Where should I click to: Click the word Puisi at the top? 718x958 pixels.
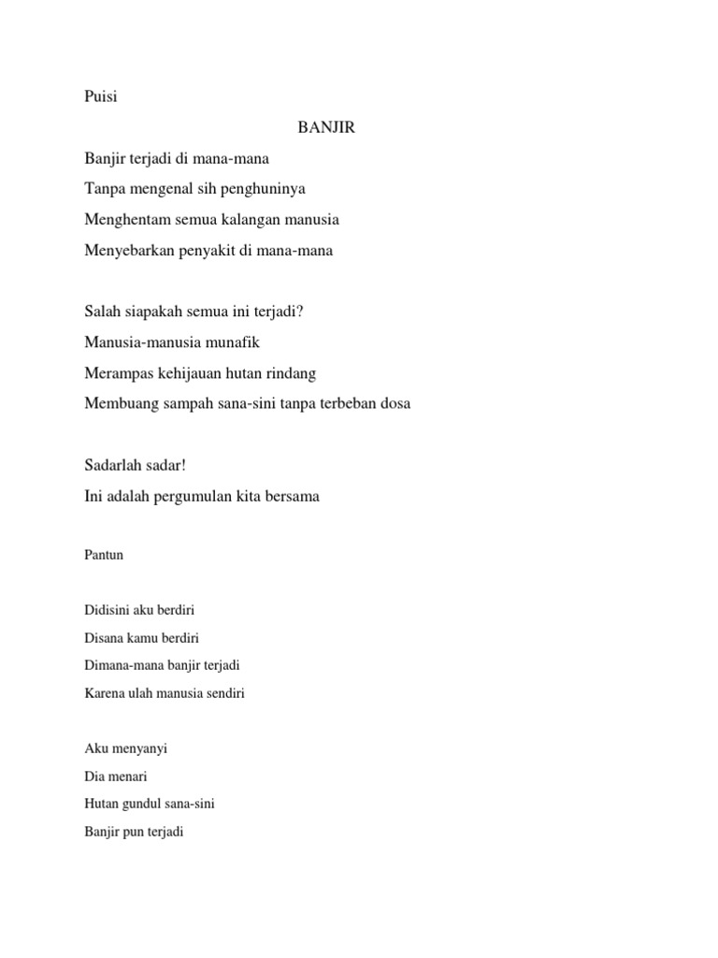click(101, 96)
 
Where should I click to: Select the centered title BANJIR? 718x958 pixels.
click(326, 127)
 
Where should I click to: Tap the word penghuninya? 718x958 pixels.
click(265, 189)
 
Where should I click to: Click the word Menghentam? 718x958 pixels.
click(124, 220)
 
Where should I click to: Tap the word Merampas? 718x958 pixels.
click(118, 373)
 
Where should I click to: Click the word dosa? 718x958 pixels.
click(392, 404)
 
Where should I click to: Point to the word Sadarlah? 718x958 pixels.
click(114, 465)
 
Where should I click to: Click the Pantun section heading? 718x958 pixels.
click(104, 555)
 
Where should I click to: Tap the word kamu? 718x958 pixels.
click(143, 638)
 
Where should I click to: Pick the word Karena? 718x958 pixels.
click(104, 693)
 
